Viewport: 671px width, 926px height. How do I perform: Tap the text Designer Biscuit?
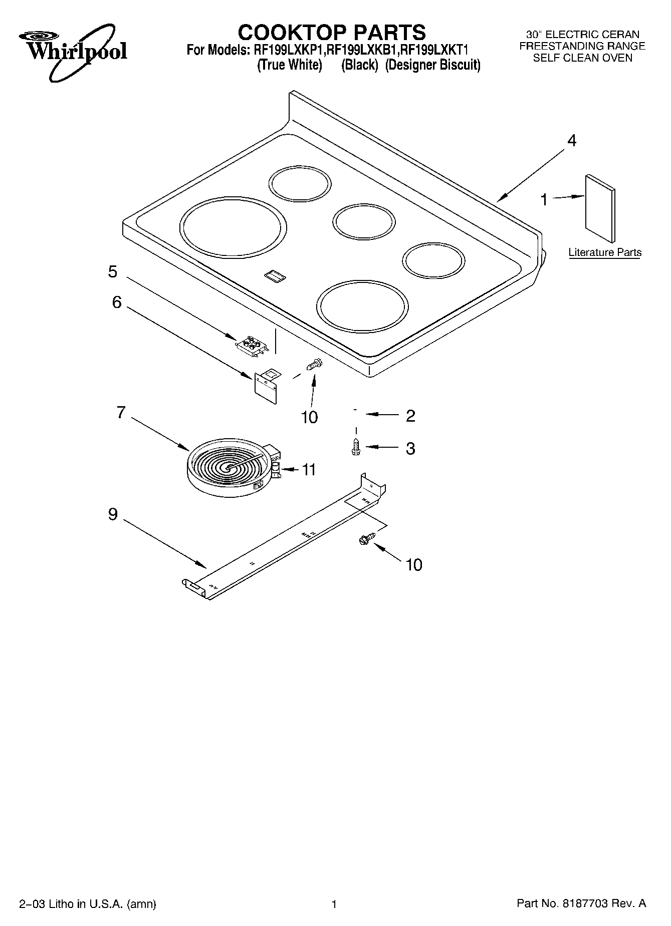433,65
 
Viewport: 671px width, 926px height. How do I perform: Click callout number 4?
571,141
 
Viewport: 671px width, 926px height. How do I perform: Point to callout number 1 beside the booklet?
544,200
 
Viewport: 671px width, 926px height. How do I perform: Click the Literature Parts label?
605,252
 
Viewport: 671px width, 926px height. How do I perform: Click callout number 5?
113,271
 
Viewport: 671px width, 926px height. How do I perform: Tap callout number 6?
116,302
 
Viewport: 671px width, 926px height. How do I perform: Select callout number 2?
410,416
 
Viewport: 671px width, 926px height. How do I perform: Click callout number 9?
113,514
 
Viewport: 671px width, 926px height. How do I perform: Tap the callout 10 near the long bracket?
413,565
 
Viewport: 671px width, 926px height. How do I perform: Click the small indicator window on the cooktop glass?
274,274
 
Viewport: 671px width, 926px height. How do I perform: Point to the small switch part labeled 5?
252,346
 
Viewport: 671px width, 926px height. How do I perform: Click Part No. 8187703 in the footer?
581,903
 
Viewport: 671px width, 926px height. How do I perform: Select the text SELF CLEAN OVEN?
582,58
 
